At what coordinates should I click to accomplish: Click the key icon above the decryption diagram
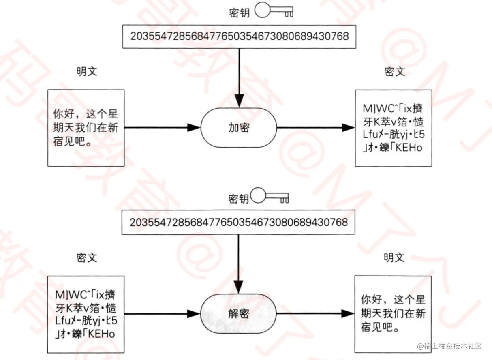pos(270,197)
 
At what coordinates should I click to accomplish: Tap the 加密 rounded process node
pos(239,128)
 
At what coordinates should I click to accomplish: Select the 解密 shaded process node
pos(239,313)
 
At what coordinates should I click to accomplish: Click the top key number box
pos(239,36)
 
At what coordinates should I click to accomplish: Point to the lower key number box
pos(239,223)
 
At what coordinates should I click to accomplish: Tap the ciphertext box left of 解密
pos(85,313)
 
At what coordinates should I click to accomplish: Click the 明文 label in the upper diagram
pos(86,72)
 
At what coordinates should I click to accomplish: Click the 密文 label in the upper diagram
pos(394,72)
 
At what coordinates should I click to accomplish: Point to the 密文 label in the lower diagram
pos(86,258)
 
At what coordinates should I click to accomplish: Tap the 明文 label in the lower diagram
pos(394,258)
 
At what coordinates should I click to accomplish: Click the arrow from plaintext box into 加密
pos(162,128)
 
